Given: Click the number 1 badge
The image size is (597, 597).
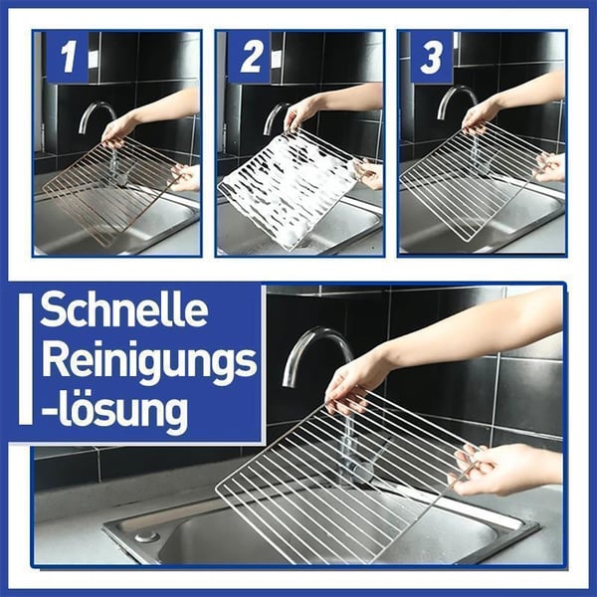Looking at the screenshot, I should click(66, 58).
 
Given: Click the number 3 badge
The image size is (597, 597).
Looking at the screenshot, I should click(431, 58).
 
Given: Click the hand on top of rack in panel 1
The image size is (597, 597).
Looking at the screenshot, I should click(118, 129).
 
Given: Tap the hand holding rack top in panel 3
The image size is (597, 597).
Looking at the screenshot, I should click(480, 115).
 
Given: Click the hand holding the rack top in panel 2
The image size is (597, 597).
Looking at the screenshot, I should click(300, 113).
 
